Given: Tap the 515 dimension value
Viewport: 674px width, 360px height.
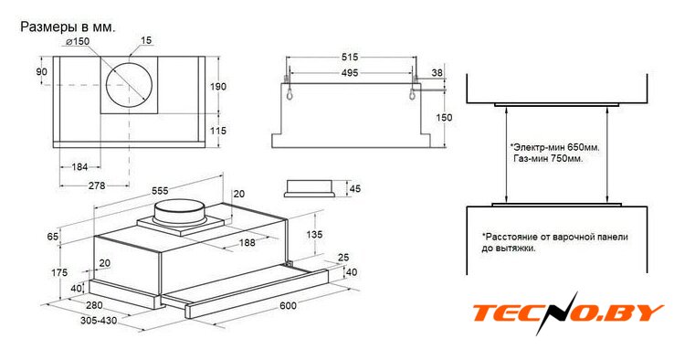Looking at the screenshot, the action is coord(350,57).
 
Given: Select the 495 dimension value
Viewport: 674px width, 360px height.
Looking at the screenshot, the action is coord(350,73).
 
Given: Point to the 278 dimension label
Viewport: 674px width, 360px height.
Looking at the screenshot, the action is coord(97,185).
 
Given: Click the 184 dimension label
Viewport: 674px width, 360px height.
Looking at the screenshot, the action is coord(79,167).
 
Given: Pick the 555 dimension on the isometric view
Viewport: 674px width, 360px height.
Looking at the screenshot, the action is coord(160,190).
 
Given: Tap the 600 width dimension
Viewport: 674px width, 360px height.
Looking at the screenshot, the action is coord(288,305).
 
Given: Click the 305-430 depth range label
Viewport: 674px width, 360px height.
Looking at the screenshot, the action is coord(99,321).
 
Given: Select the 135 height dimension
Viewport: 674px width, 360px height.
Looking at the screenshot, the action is coord(314,235).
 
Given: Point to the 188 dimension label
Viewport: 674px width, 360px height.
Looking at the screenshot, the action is coord(247,242).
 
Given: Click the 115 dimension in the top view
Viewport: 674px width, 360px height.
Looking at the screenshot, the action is coord(218,131).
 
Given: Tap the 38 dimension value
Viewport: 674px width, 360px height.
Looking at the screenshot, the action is coord(437,73).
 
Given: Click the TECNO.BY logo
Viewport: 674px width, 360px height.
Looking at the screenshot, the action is coord(568,312).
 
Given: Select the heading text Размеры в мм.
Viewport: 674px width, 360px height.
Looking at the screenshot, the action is coord(68,27).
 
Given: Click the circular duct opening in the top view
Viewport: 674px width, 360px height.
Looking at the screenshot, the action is coord(129,85).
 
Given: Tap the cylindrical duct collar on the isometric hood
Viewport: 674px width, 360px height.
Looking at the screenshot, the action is coord(179,212).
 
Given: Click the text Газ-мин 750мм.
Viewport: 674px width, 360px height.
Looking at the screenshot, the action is coord(548,159).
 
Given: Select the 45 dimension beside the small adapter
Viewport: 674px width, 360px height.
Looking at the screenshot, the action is coord(355,189).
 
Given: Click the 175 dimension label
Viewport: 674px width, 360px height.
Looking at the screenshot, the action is coord(59,272).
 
